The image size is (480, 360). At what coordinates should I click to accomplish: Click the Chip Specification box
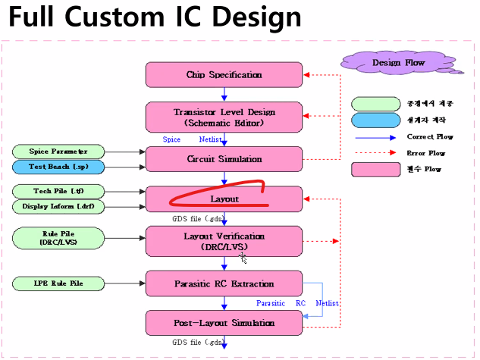pos(224,75)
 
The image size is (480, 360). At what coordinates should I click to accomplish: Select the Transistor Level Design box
pos(224,117)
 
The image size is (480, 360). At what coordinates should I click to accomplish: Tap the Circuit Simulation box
pos(224,159)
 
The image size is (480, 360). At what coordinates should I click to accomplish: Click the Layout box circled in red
pos(224,199)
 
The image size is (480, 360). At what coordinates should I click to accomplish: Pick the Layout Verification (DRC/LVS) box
pos(224,241)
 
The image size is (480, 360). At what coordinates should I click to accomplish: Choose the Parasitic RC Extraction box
pos(224,283)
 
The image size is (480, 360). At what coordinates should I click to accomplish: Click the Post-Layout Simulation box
pos(224,322)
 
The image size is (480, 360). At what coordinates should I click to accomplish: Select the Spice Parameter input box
pos(58,152)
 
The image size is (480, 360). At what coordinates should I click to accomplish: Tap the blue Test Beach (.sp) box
pos(58,166)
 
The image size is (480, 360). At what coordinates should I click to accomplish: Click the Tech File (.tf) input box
pos(58,191)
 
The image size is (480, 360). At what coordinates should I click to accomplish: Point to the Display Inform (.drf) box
pos(58,205)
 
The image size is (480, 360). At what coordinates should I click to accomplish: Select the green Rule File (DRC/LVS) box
pos(58,239)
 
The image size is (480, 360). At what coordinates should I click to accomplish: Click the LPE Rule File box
pos(58,283)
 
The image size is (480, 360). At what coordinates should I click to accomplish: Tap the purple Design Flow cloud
pos(399,62)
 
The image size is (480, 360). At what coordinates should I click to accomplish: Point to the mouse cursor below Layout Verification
pos(243,258)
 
